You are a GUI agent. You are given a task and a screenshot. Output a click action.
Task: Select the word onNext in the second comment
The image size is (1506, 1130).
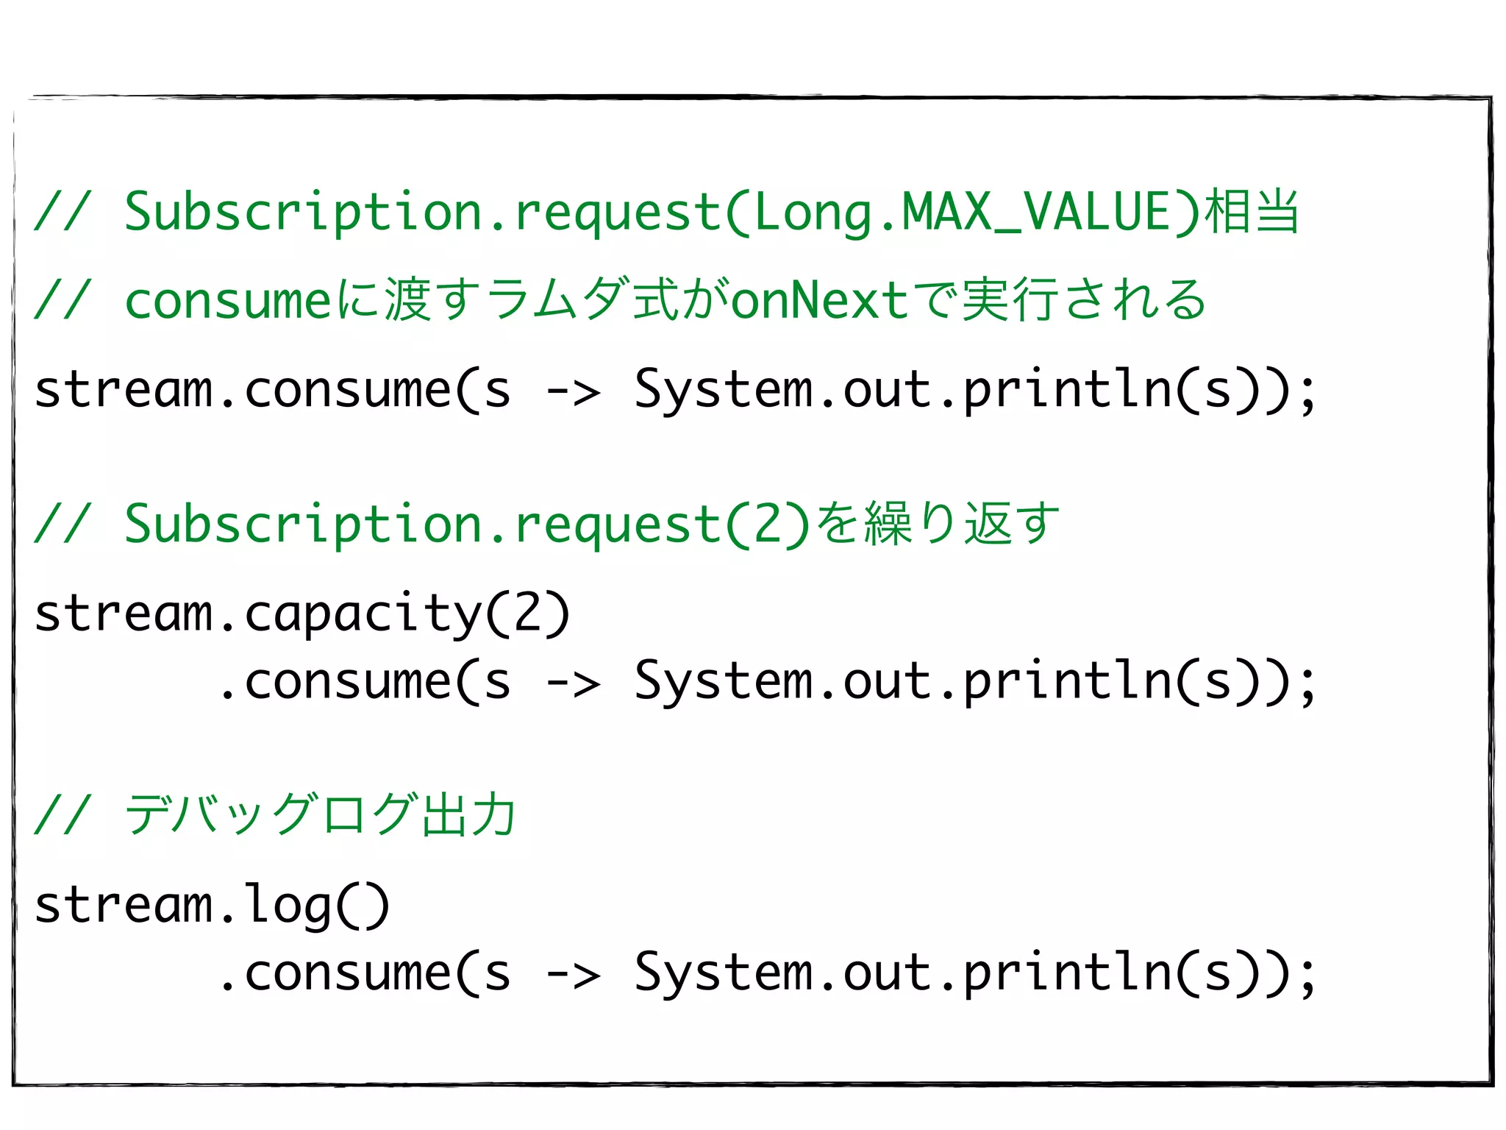click(820, 301)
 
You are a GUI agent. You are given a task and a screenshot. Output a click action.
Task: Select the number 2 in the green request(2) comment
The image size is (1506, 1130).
click(768, 525)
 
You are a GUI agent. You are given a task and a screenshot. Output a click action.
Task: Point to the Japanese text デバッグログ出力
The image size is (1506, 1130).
click(321, 815)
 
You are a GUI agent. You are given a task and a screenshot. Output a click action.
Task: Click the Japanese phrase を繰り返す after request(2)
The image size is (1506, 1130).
click(938, 524)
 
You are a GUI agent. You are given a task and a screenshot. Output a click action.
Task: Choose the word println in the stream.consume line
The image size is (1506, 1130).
click(1067, 391)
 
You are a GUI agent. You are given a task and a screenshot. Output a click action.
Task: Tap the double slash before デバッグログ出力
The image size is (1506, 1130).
click(63, 815)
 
